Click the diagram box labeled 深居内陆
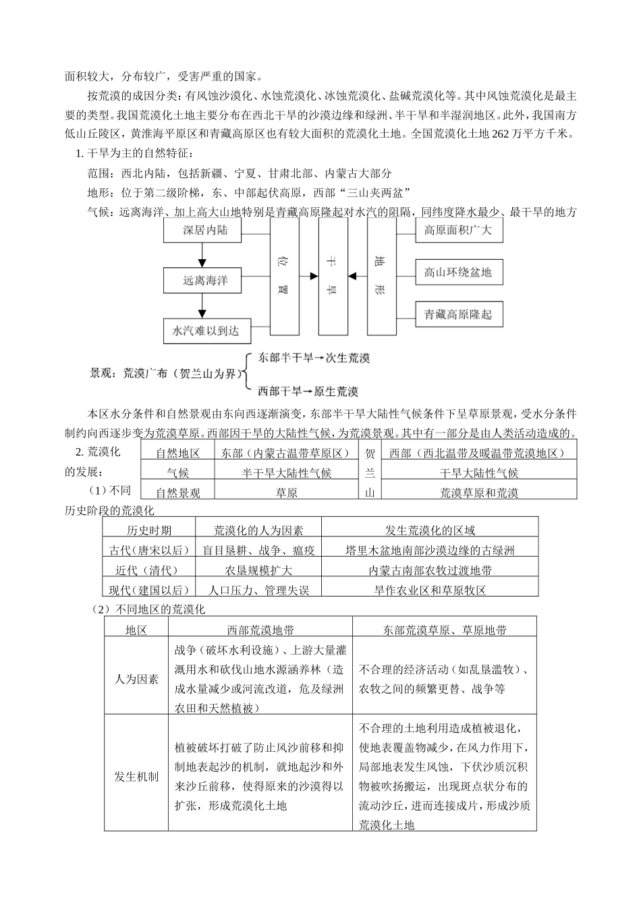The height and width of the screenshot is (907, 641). point(206,231)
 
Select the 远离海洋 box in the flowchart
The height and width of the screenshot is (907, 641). point(206,280)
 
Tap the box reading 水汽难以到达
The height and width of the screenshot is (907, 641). point(206,331)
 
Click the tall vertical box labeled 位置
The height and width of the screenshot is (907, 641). point(285,276)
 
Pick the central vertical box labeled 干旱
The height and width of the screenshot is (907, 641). point(333,276)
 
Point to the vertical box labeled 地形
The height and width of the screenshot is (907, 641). point(382,276)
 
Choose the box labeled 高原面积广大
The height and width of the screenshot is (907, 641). point(458,231)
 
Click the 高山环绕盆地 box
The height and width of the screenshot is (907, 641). point(458,273)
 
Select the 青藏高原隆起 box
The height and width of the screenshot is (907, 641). point(458,314)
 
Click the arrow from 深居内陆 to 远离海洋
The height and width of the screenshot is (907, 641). point(200,255)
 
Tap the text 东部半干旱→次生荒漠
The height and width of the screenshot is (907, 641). point(314,358)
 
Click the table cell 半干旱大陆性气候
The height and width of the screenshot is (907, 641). point(287,473)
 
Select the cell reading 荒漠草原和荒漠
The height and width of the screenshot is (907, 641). point(479,493)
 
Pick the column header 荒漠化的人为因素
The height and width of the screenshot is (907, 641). point(258,530)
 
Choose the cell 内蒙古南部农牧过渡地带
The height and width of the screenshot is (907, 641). point(430,570)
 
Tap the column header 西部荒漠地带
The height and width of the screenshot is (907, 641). point(260,630)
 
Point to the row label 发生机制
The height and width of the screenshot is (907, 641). point(136,776)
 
